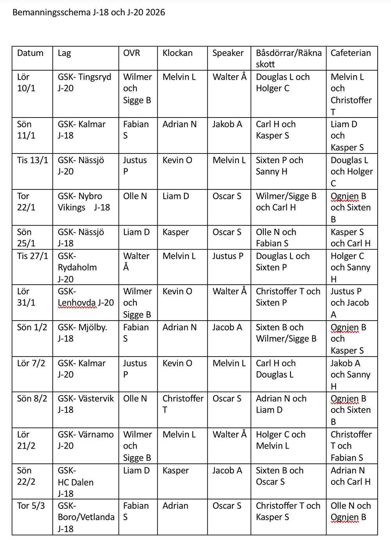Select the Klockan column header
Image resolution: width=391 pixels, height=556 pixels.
pos(178,53)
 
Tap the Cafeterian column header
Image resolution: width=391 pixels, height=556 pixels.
pos(351,53)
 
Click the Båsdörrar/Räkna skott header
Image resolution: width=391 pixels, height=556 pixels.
pos(289,59)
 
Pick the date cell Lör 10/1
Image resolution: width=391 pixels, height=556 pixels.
pos(26,82)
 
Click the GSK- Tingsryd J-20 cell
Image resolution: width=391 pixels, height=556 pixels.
pos(84,82)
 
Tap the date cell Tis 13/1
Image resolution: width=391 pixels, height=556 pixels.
pos(32,160)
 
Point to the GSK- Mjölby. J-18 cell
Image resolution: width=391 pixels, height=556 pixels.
pos(82,333)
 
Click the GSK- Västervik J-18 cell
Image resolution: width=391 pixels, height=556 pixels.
pos(86,404)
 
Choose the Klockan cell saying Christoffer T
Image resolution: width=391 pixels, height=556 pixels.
pos(183,404)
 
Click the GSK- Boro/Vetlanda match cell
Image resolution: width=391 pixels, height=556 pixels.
pos(86,517)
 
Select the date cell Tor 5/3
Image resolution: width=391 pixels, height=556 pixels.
pos(31,506)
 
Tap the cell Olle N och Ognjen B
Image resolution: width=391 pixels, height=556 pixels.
pos(351,511)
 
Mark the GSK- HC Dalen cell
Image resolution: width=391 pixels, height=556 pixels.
pos(75,482)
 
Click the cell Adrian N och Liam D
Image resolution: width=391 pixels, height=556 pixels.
pos(281,404)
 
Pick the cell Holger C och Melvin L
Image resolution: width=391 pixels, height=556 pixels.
pos(280,440)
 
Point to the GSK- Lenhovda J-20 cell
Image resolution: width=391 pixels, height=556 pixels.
pos(86,297)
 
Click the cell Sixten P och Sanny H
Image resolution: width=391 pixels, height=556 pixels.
pos(279,166)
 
